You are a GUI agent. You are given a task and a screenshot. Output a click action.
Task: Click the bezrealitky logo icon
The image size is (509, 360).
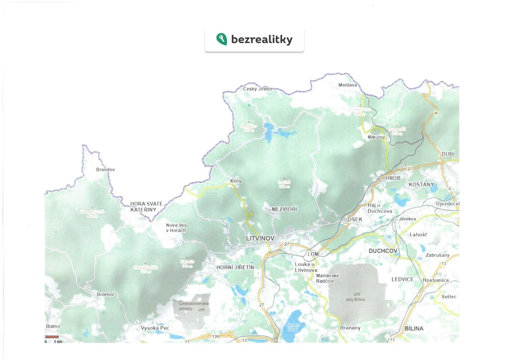pyautogui.click(x=222, y=39)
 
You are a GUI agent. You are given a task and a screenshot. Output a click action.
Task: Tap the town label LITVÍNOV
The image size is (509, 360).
pyautogui.click(x=260, y=238)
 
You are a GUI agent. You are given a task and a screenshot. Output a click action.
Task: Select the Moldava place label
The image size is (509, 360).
pyautogui.click(x=348, y=85)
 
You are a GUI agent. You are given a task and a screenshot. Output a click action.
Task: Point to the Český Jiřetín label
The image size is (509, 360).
pyautogui.click(x=258, y=89)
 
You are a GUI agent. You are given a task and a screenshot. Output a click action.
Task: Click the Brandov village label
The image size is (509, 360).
pyautogui.click(x=105, y=169)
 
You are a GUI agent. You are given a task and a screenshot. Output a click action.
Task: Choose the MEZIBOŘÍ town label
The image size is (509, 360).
pyautogui.click(x=284, y=209)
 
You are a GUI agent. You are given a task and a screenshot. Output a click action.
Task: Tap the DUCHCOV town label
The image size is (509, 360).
pyautogui.click(x=383, y=251)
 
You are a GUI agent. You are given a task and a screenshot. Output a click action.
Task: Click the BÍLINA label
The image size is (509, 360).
pyautogui.click(x=414, y=328)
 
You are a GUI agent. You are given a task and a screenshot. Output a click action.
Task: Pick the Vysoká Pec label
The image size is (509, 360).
pyautogui.click(x=155, y=328)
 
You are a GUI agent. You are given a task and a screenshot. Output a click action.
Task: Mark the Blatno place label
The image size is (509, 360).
pyautogui.click(x=53, y=326)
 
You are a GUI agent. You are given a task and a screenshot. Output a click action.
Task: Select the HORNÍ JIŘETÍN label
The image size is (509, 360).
pyautogui.click(x=235, y=267)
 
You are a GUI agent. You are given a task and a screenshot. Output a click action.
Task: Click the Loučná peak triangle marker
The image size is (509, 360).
pyautogui.click(x=284, y=178)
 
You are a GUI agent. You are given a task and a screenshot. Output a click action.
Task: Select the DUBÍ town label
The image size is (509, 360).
pyautogui.click(x=448, y=154)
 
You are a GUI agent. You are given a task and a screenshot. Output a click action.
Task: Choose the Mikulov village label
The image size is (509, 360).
pyautogui.click(x=376, y=137)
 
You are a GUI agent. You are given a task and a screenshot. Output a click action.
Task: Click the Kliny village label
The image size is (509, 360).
pyautogui.click(x=236, y=181)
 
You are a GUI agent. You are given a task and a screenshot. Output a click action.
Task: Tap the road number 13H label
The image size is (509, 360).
pyautogui.click(x=216, y=336)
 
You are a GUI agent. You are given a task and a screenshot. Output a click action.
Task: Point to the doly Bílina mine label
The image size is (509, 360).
pyautogui.click(x=355, y=299)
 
